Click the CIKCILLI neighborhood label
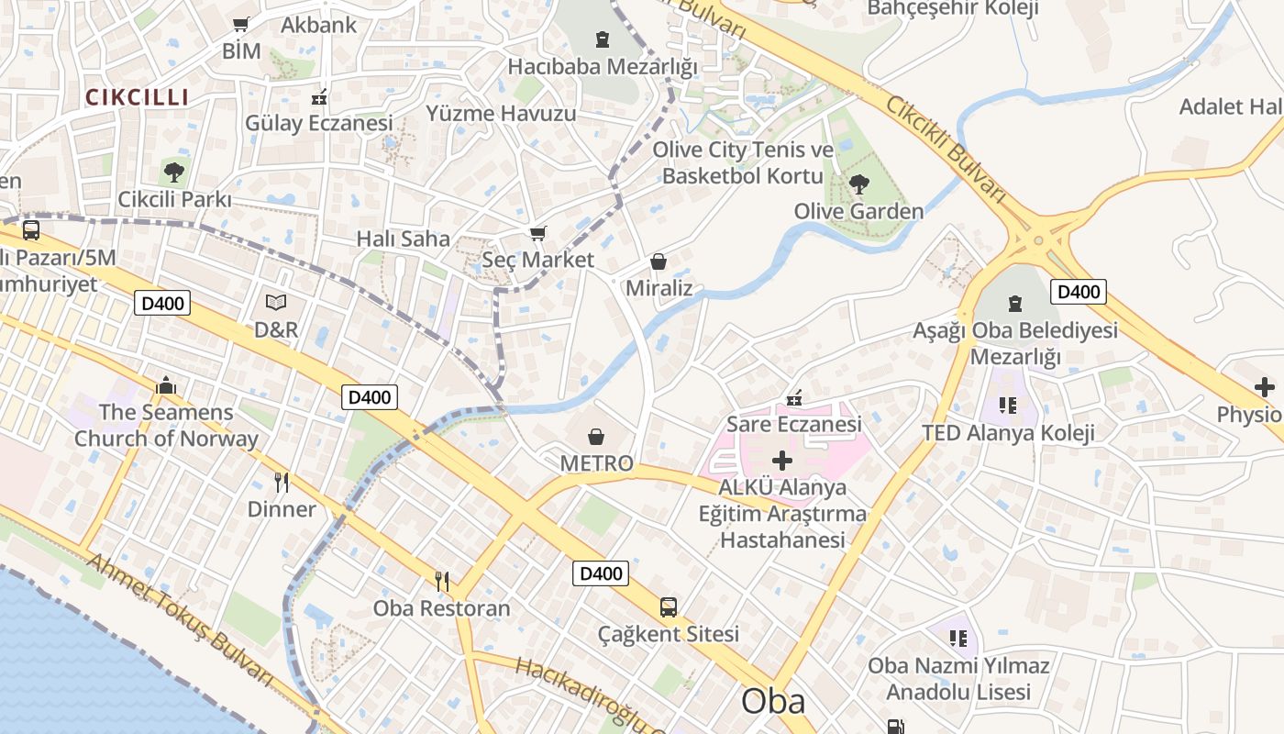138,96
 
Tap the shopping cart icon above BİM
241,25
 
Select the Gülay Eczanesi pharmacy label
318,122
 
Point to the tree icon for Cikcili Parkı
174,172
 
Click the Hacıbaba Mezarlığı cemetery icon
603,39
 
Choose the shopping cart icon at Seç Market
538,234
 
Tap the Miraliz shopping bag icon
658,261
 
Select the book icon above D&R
276,302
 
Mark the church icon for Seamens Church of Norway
166,385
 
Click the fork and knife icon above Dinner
282,482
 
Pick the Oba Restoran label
441,607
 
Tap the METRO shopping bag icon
596,436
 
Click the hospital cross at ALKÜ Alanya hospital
782,460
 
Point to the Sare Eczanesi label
794,424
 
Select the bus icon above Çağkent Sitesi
669,606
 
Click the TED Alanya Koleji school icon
1008,405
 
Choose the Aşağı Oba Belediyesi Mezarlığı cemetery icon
1015,303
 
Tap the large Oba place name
773,701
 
